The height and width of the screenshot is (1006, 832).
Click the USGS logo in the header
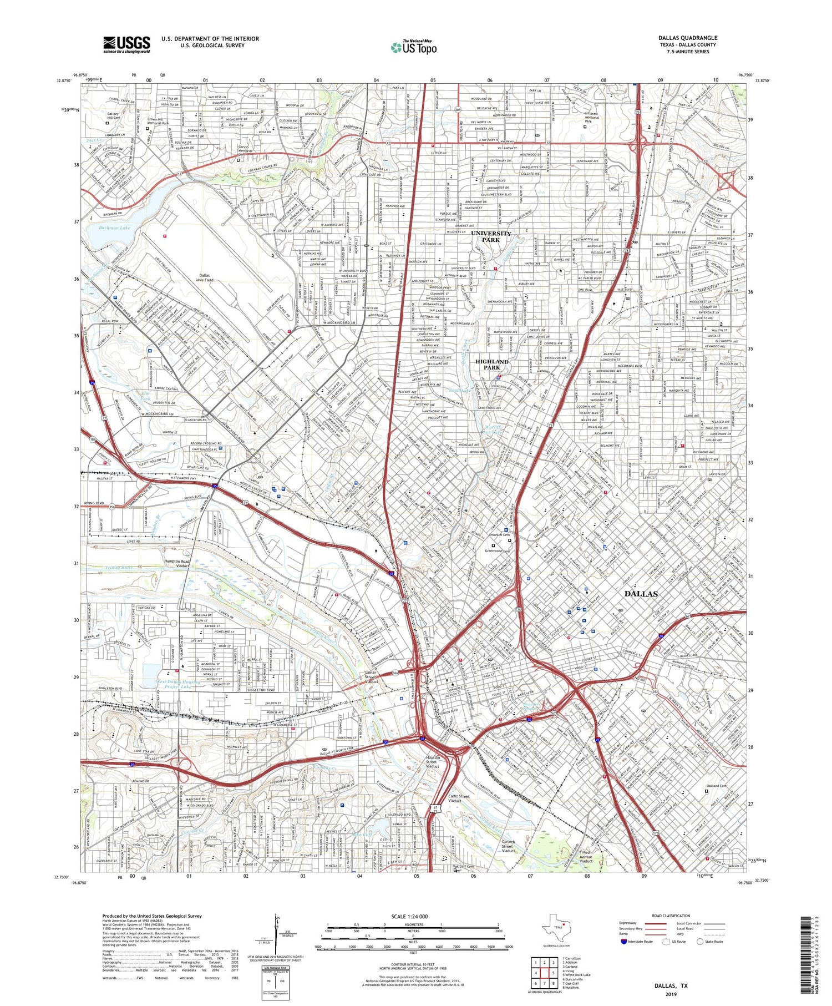[126, 44]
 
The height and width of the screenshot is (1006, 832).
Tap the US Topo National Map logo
[413, 47]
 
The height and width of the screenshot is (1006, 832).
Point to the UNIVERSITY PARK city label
[491, 237]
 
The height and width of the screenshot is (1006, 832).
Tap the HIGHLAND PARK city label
[491, 365]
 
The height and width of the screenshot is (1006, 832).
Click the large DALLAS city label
[641, 594]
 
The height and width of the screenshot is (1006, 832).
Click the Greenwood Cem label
[498, 551]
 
